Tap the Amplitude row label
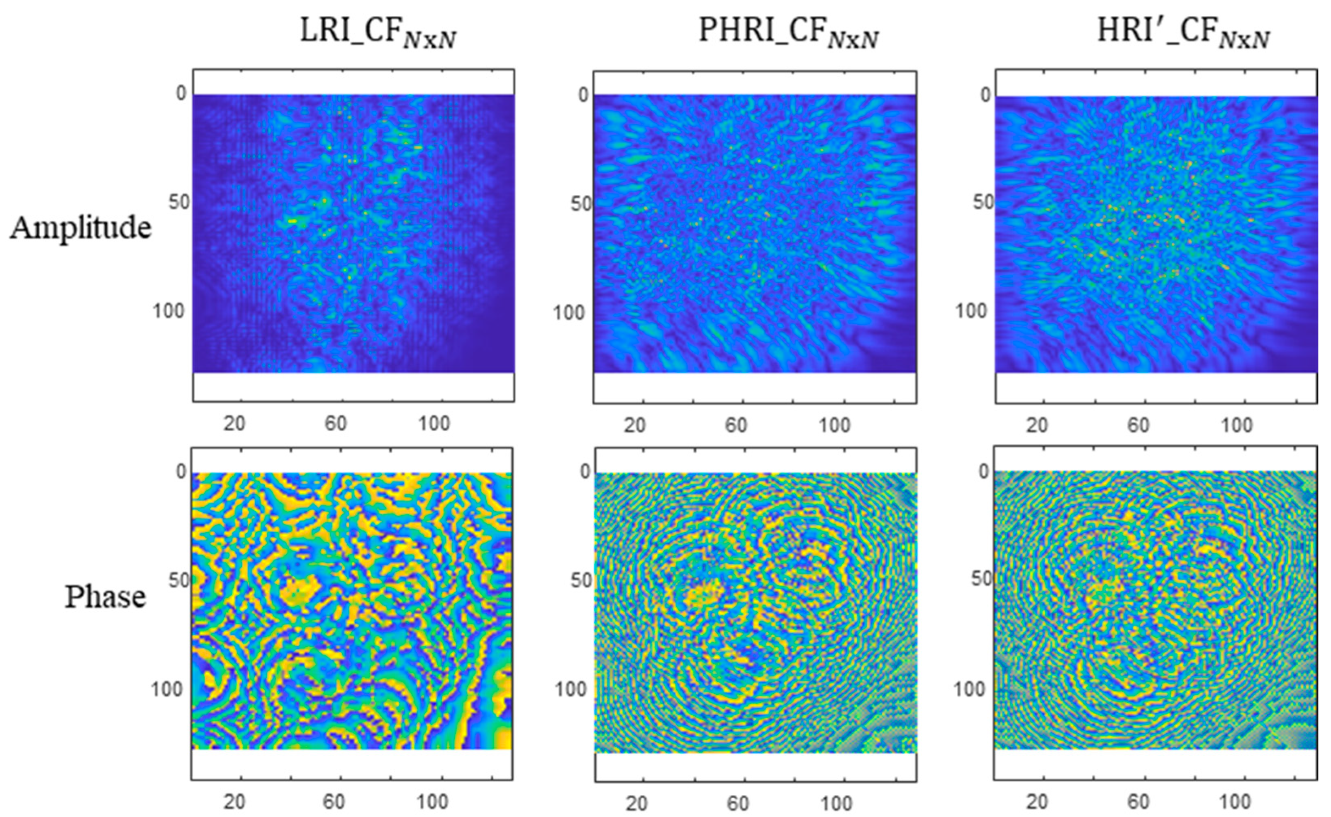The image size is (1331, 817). pyautogui.click(x=81, y=228)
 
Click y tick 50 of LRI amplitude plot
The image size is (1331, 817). pyautogui.click(x=178, y=202)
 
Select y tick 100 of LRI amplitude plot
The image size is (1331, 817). pyautogui.click(x=168, y=311)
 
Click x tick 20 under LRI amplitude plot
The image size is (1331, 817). pyautogui.click(x=234, y=423)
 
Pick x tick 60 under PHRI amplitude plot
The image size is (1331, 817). pyautogui.click(x=736, y=426)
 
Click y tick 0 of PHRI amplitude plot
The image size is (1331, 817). pyautogui.click(x=583, y=95)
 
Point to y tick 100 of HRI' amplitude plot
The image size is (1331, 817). pyautogui.click(x=971, y=311)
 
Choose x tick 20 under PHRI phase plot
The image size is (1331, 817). pyautogui.click(x=636, y=803)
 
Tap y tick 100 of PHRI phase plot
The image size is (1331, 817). pyautogui.click(x=570, y=690)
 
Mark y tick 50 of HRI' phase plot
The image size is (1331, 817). pyautogui.click(x=982, y=579)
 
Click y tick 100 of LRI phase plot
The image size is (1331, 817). pyautogui.click(x=167, y=690)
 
